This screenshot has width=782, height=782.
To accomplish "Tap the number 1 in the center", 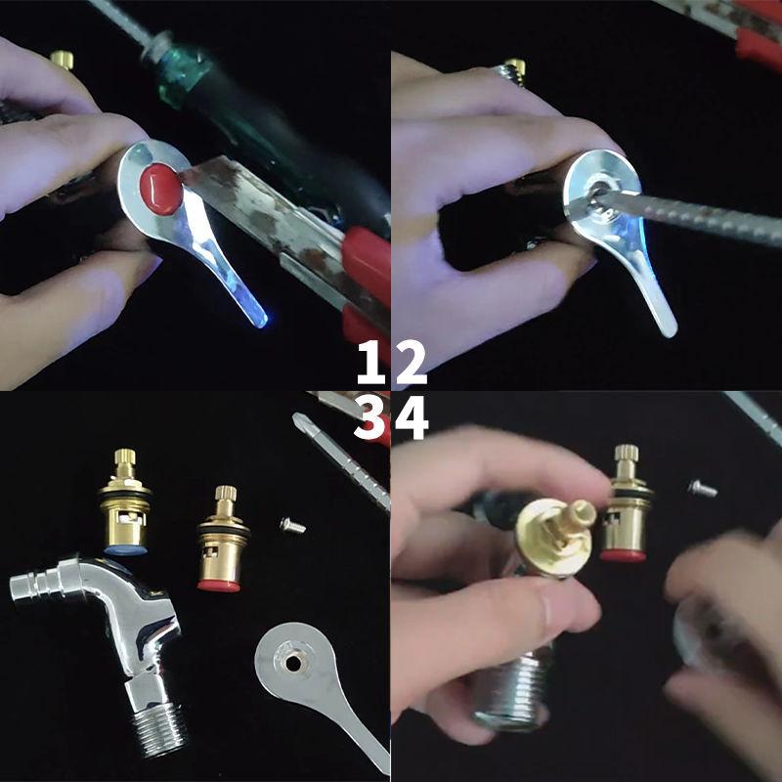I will coord(370,365).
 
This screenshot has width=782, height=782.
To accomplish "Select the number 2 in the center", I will coord(411,365).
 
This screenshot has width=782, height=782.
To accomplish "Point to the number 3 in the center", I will coord(370,420).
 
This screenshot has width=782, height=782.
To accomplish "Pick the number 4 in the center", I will coord(412,420).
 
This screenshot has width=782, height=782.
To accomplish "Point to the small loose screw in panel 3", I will coord(292,525).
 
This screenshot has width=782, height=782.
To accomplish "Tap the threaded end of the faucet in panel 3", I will coord(157,728).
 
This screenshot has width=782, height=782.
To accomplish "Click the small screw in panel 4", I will coord(702,486).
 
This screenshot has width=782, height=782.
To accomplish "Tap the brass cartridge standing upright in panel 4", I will coord(624,508).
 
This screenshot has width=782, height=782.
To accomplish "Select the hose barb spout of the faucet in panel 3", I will coord(34,586).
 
